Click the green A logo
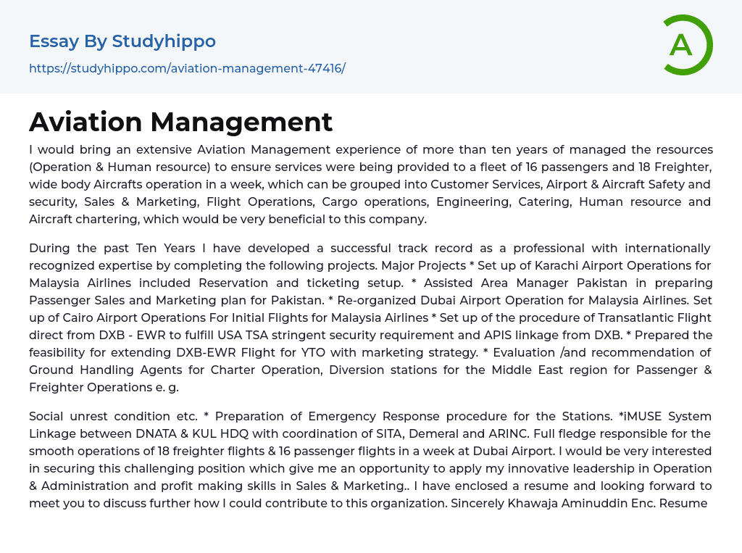pyautogui.click(x=685, y=45)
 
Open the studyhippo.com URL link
pyautogui.click(x=187, y=68)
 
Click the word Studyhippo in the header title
pyautogui.click(x=164, y=41)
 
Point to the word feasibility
pyautogui.click(x=62, y=352)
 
